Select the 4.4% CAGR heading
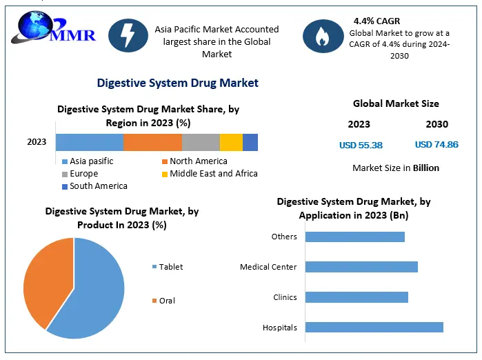377,21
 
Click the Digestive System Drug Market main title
178,83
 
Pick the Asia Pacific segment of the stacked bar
89,142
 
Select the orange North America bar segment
152,142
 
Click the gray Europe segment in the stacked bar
201,142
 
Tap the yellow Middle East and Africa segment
231,142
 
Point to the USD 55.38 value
361,145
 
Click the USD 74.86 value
436,145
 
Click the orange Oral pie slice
45,276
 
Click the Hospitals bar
374,328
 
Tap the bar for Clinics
357,297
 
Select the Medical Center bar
361,267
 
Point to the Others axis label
284,237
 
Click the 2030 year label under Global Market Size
436,124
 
